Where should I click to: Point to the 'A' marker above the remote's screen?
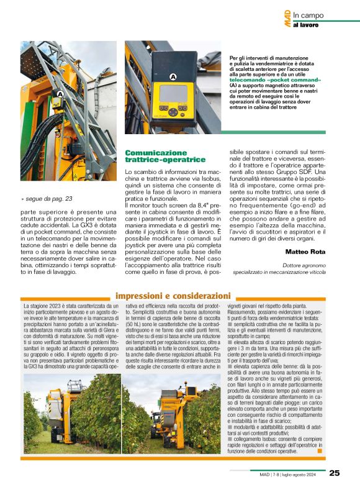coord(172,76)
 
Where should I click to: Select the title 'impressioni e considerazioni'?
coord(173,296)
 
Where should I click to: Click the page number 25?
coord(334,473)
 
